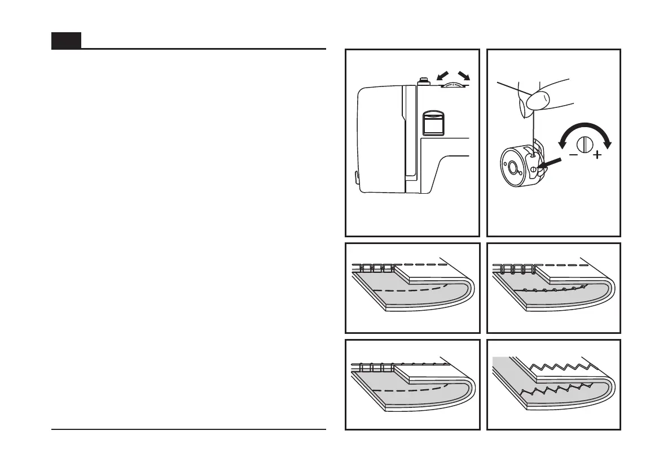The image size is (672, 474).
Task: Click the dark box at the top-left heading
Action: (x=66, y=41)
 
